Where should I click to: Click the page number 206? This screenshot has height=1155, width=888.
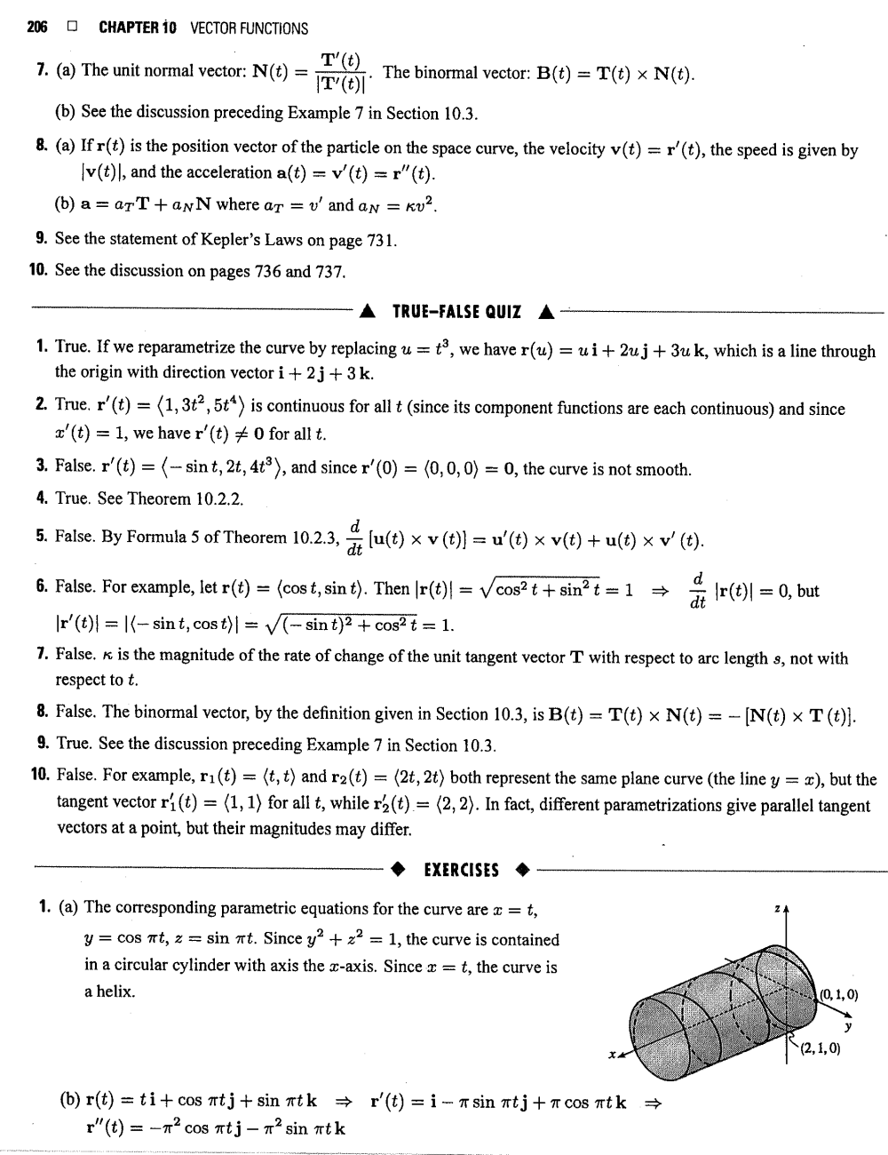pos(36,28)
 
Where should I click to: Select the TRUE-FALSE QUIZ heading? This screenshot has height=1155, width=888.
pos(456,312)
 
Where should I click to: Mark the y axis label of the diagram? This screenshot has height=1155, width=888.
pos(848,1028)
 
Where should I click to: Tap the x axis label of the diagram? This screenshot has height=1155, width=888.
pos(611,1055)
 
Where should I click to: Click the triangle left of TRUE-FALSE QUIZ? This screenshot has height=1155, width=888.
pos(368,313)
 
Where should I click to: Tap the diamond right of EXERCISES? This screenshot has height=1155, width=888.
pos(525,870)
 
